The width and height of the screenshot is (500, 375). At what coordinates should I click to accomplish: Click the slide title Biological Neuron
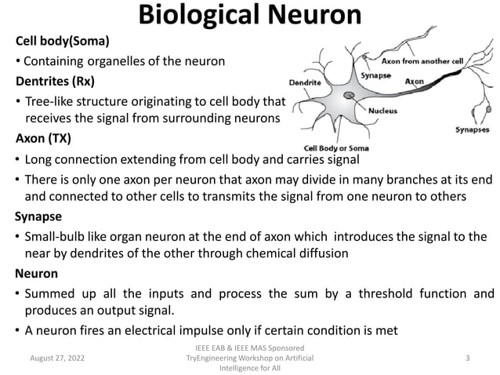[250, 16]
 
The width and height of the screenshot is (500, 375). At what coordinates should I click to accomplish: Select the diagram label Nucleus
[382, 111]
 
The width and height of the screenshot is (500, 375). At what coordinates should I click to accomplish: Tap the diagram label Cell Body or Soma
[337, 148]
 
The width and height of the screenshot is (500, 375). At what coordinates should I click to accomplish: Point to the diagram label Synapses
[473, 129]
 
